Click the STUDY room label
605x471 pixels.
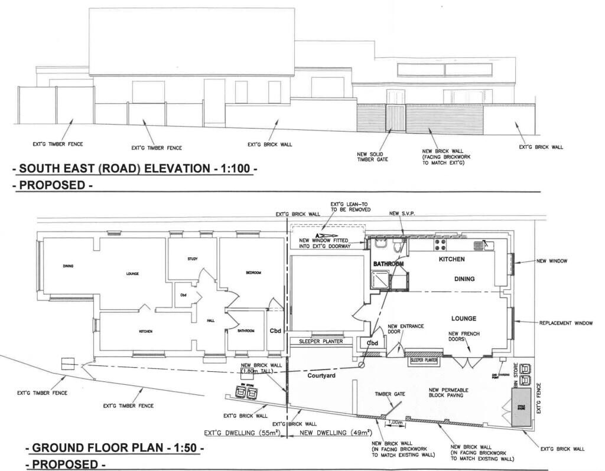(x=192, y=259)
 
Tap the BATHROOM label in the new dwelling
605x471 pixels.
(x=388, y=264)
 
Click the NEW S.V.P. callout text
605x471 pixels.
(x=402, y=213)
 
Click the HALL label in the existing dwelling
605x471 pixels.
(x=210, y=320)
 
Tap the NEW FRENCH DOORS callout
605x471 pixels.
(x=464, y=337)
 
